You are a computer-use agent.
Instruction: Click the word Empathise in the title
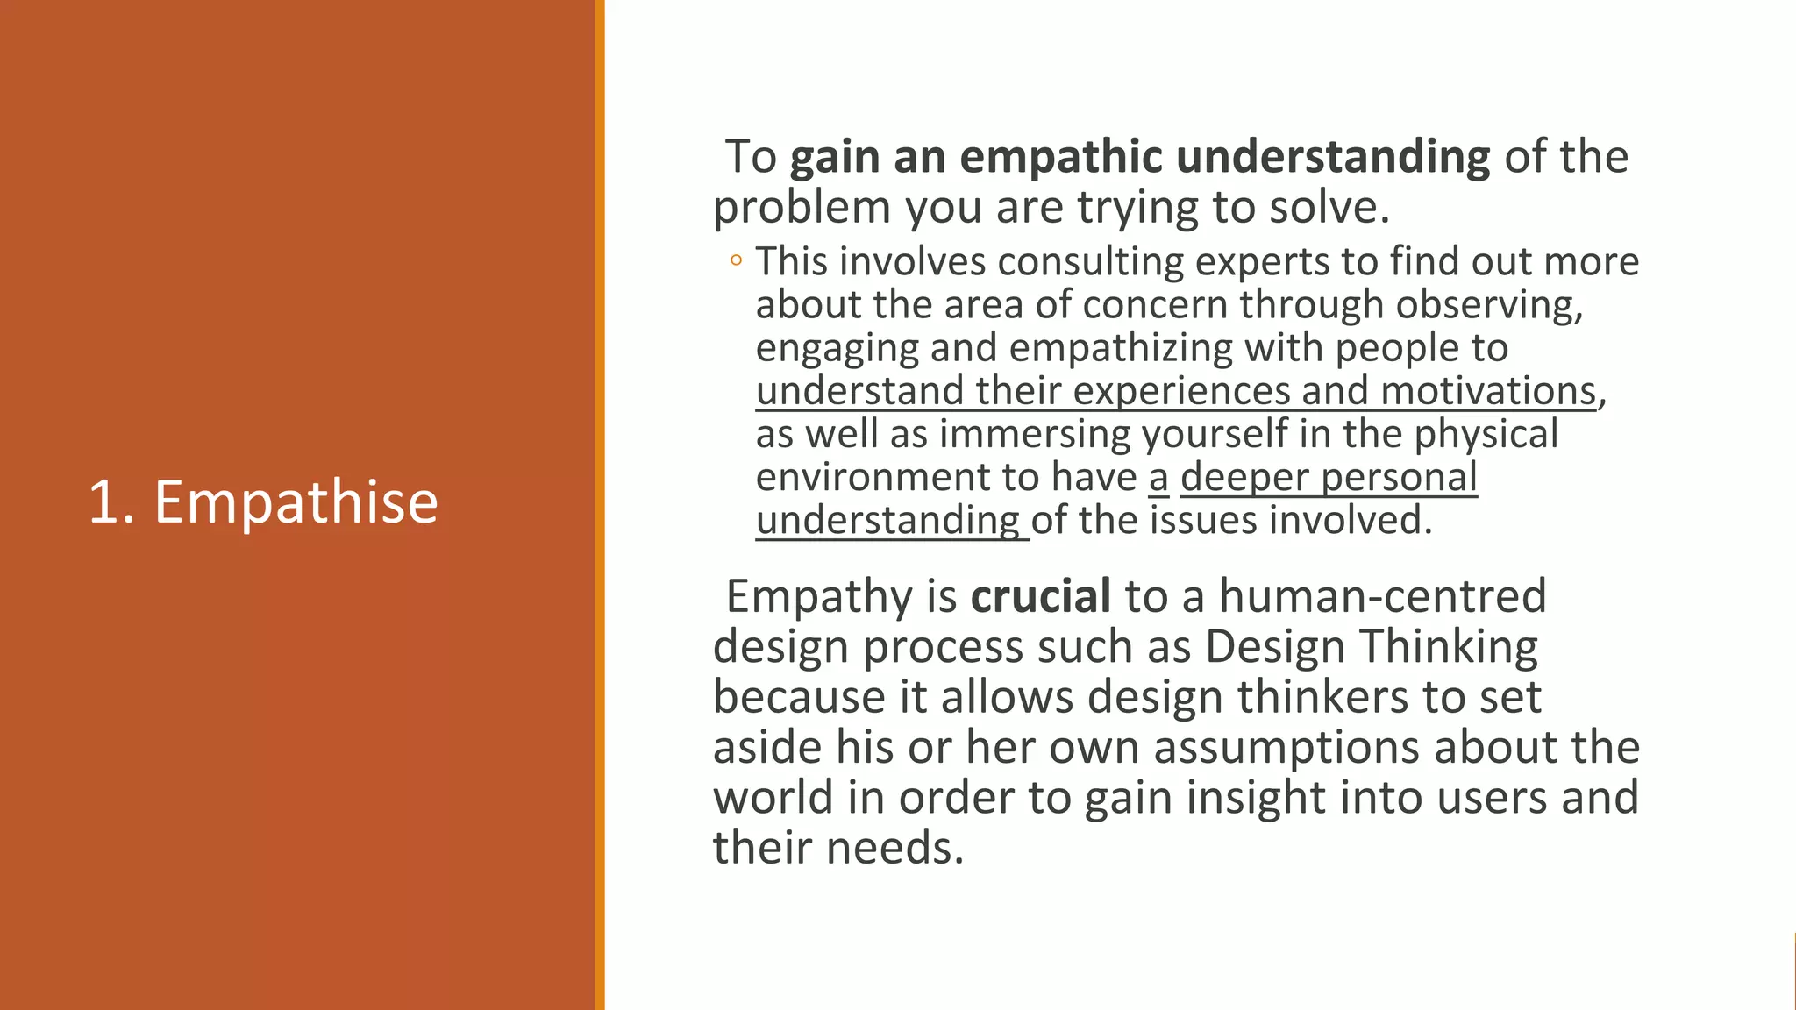[x=296, y=503]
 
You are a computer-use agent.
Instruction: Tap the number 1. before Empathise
[x=111, y=503]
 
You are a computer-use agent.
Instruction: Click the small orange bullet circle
[x=736, y=260]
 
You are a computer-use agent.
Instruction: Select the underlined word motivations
[x=1488, y=391]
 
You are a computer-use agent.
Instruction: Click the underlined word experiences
[x=1181, y=391]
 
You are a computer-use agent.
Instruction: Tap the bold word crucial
[x=1041, y=597]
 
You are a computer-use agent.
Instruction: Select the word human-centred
[x=1383, y=597]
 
